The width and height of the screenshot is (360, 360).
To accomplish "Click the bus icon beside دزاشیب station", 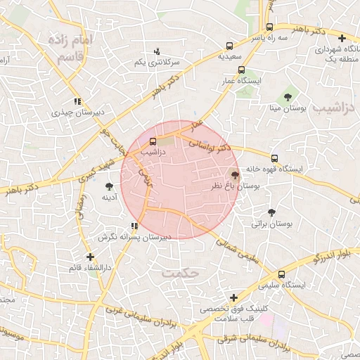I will click(x=153, y=141).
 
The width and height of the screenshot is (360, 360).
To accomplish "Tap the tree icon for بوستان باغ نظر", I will click(x=235, y=174).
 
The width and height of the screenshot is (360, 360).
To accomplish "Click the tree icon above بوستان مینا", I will click(x=287, y=97).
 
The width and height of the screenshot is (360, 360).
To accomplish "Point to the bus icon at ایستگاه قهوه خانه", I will click(x=274, y=157).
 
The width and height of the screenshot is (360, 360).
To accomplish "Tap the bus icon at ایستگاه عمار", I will click(x=241, y=70).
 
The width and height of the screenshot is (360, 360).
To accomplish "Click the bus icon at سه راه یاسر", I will click(x=269, y=27).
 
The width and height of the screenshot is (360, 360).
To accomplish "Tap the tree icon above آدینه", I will click(x=109, y=186).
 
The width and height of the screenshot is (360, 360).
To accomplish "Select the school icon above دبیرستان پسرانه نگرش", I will click(x=134, y=226).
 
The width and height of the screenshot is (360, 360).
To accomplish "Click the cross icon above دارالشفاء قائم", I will click(x=90, y=257).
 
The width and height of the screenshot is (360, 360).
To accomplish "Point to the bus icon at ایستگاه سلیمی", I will click(x=281, y=274).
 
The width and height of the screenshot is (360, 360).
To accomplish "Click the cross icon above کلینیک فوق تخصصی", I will click(x=233, y=298).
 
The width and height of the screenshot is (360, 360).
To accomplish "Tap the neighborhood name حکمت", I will click(x=176, y=270).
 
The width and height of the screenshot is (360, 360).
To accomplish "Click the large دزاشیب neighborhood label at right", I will click(x=337, y=108).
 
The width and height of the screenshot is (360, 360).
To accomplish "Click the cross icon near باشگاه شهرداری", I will click(x=342, y=39).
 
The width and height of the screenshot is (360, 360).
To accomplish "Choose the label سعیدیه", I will click(x=230, y=55).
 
